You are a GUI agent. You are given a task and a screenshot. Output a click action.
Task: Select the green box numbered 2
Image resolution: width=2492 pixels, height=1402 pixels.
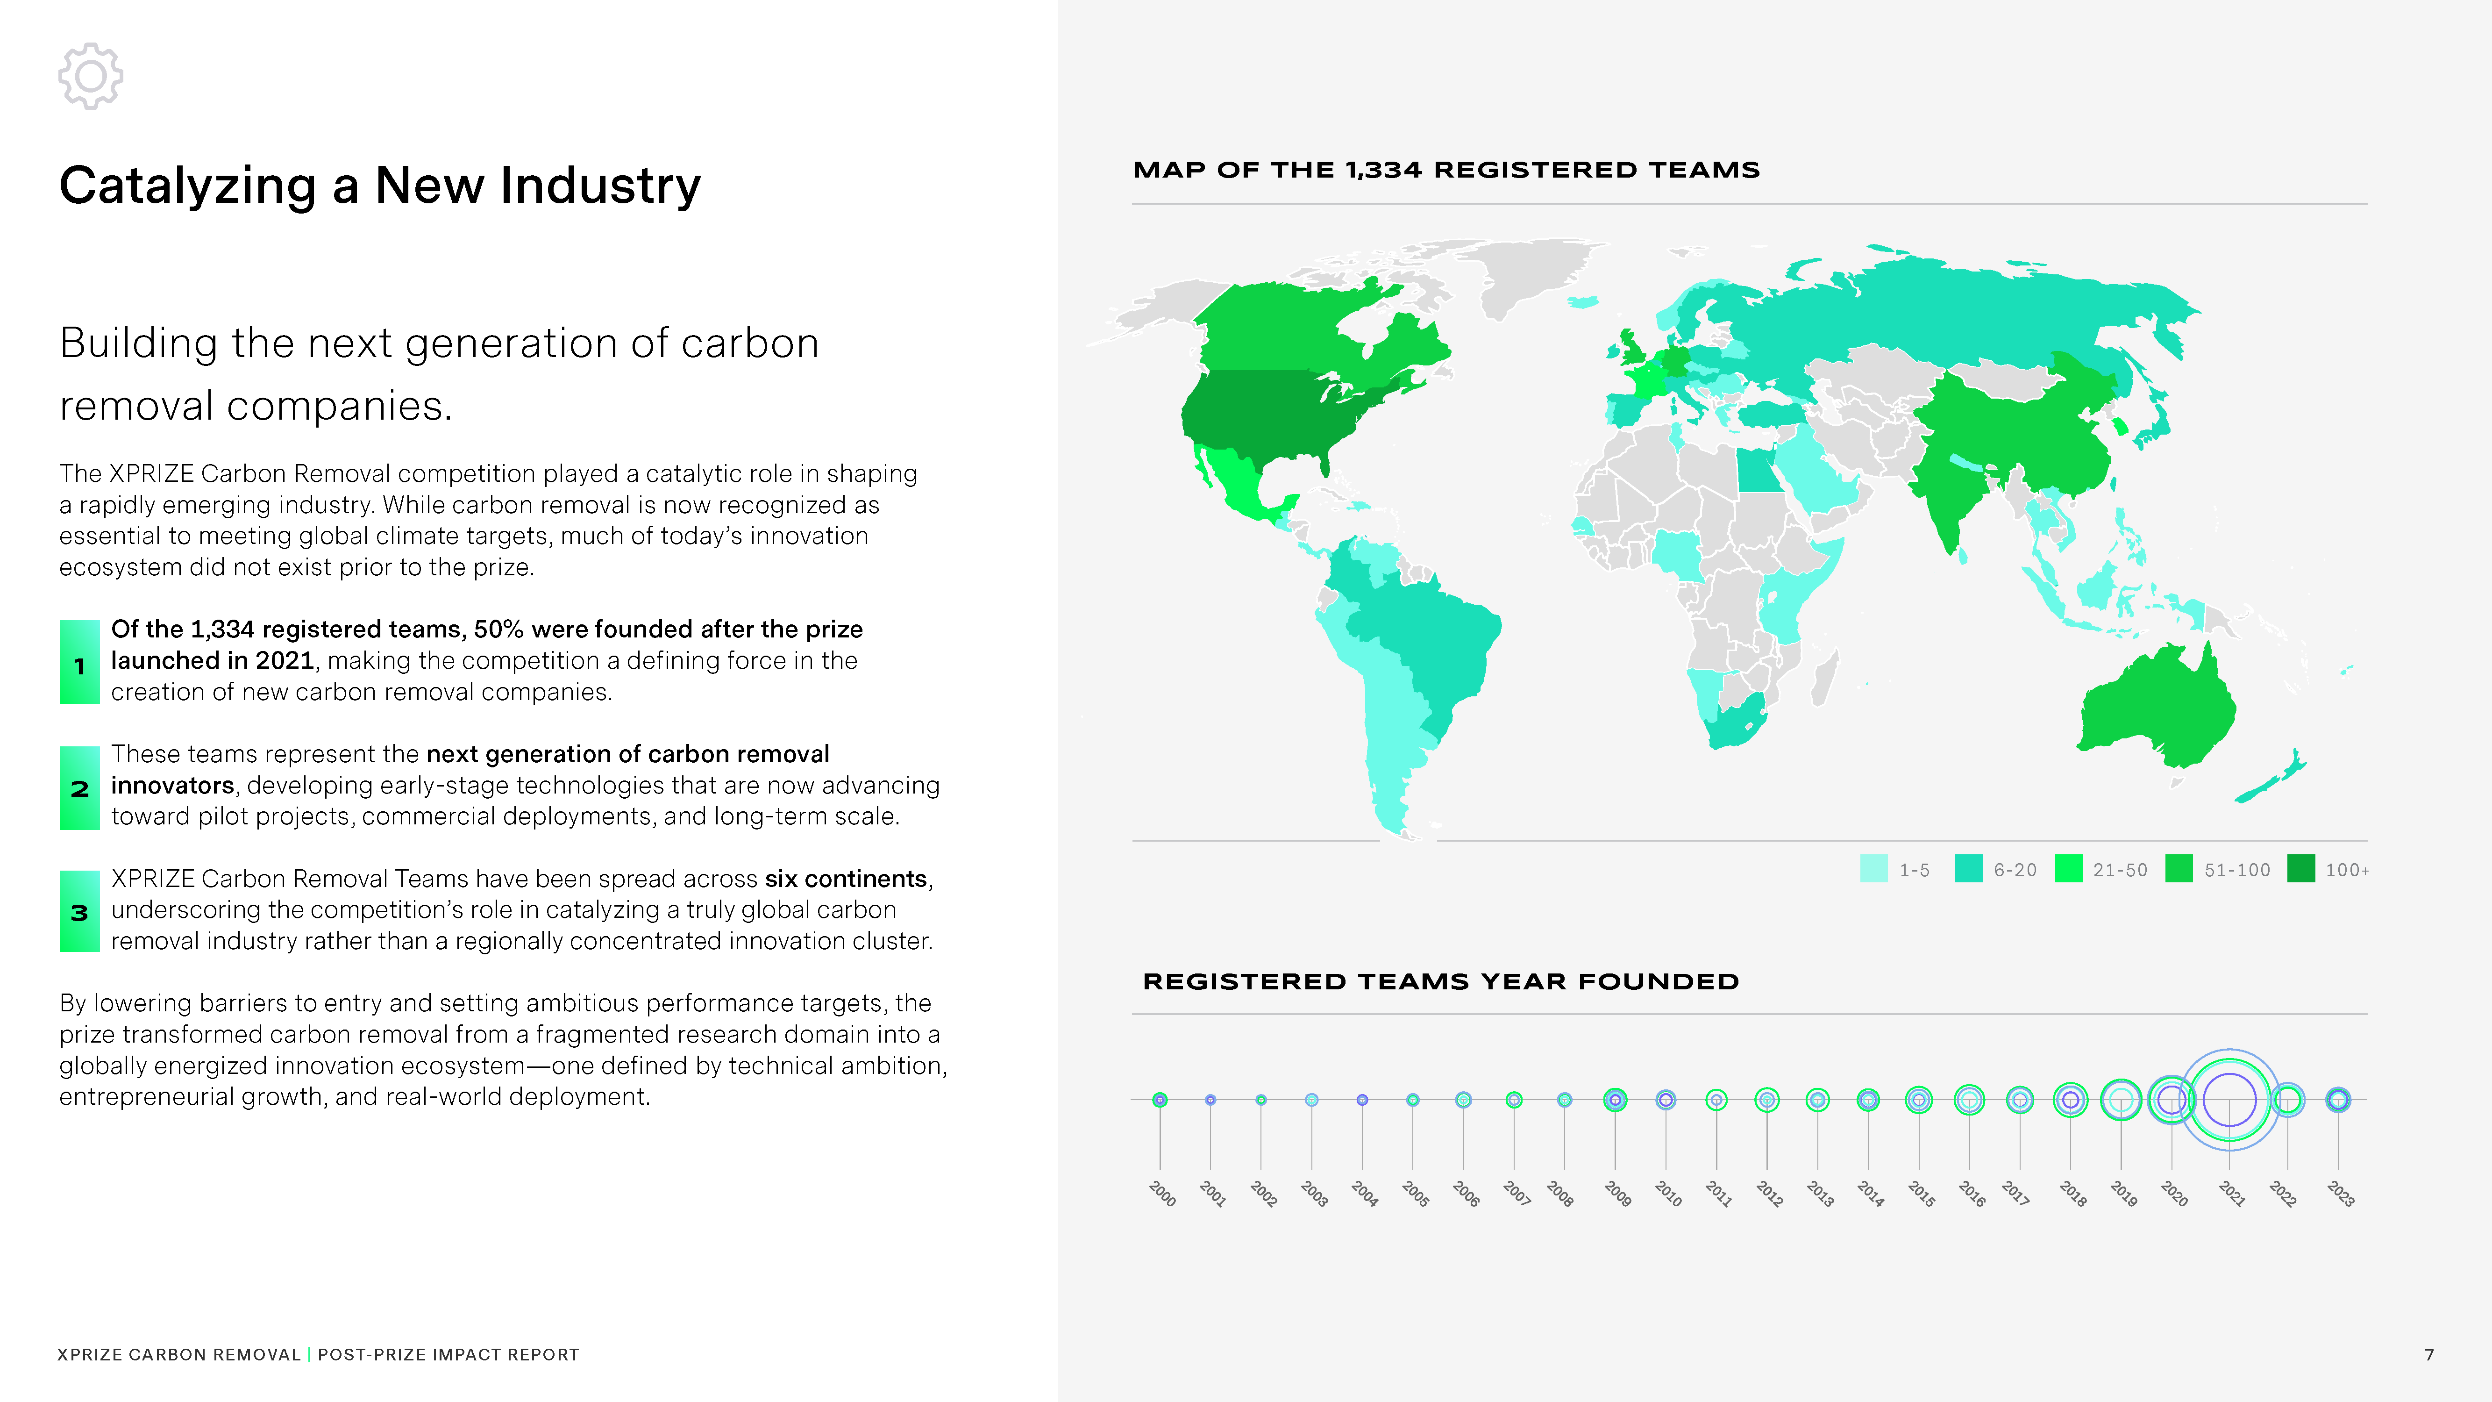(79, 787)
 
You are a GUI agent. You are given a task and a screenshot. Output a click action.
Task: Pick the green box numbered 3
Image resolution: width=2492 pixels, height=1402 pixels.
(79, 911)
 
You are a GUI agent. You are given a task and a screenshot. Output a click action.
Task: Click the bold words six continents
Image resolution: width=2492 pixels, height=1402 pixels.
(846, 879)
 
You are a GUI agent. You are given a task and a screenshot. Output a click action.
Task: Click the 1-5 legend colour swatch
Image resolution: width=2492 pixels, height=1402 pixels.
(1874, 869)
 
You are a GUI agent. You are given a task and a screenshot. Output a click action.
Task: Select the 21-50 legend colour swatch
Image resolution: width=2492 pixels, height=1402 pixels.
(2068, 869)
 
